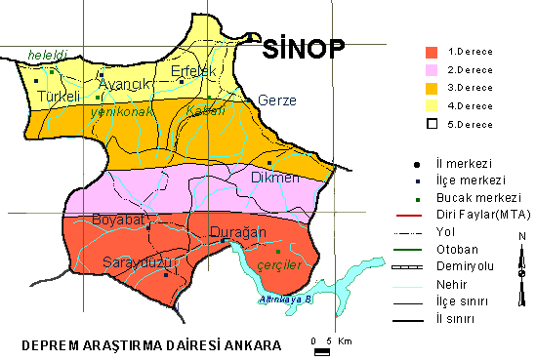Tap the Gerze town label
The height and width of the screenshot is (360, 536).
tap(275, 100)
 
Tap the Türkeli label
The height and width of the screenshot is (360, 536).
tap(59, 98)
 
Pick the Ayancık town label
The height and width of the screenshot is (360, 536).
tap(122, 84)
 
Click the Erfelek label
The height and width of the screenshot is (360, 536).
tap(192, 71)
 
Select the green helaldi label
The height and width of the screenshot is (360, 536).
tap(46, 54)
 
